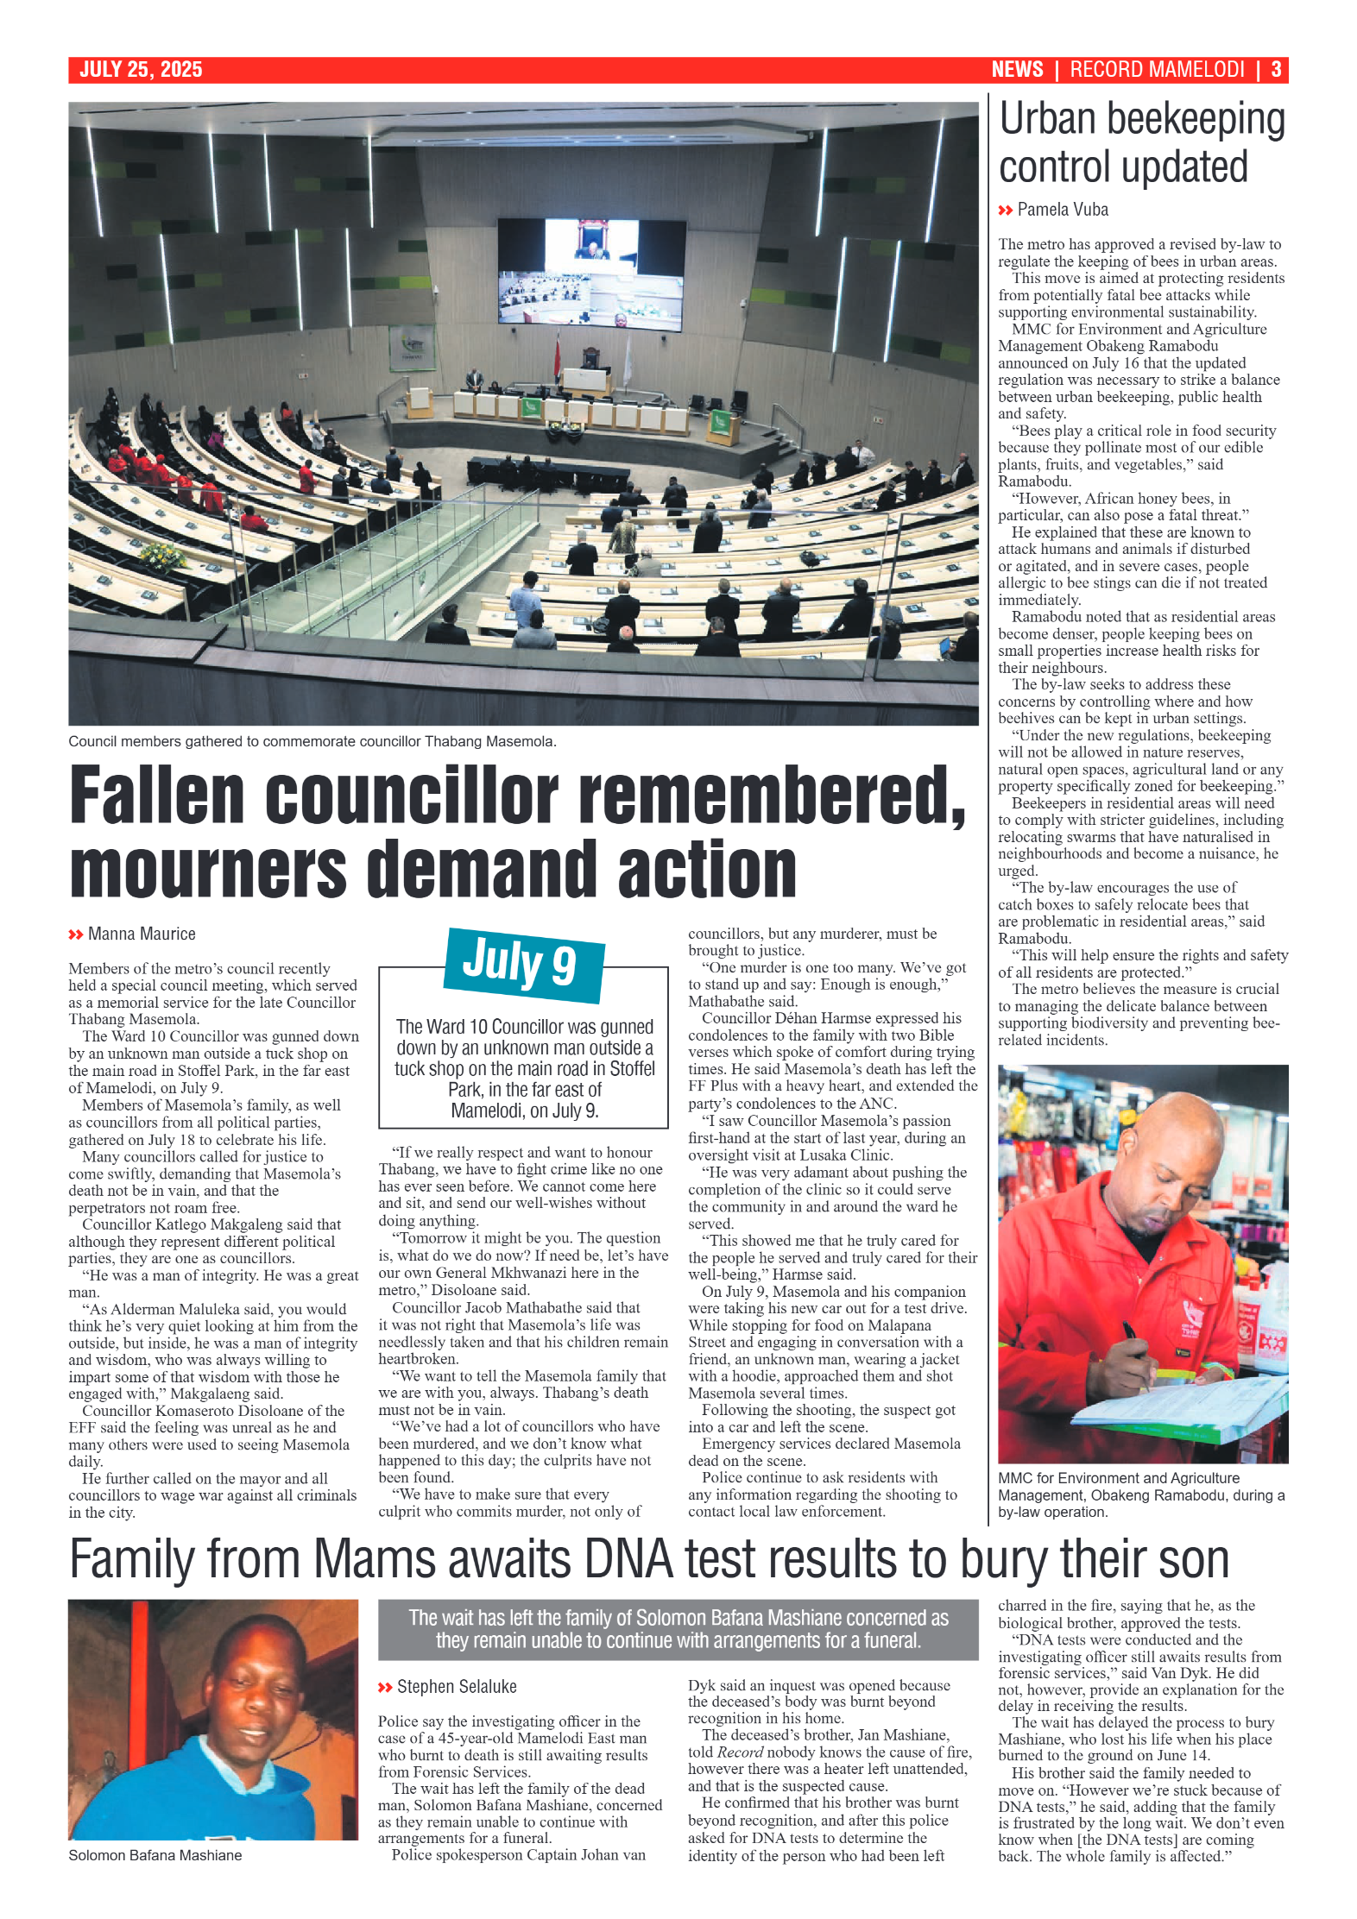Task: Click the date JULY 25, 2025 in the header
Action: (141, 70)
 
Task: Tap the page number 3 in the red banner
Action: (1275, 70)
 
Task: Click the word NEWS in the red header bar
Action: (1017, 70)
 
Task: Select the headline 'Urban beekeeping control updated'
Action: (1141, 143)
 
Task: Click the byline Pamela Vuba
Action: (1062, 210)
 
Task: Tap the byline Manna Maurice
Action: (142, 934)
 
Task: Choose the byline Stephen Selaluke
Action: (456, 1686)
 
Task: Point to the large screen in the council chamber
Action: (591, 274)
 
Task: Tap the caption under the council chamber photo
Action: (312, 741)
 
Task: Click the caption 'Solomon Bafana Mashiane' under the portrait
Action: (155, 1855)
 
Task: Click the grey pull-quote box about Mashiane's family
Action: (678, 1629)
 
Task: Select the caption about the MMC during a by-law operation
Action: (1141, 1494)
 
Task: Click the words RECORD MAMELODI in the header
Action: (1157, 70)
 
